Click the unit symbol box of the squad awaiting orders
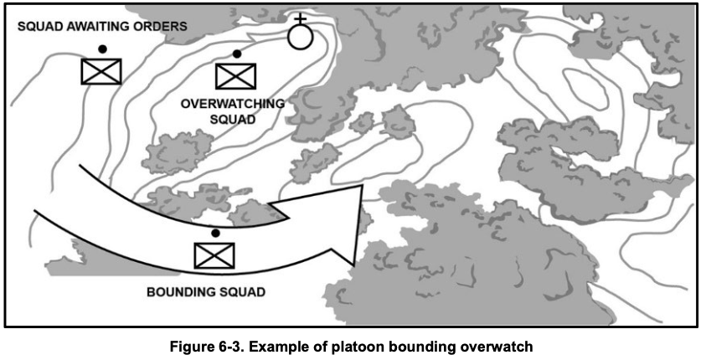pos(100,71)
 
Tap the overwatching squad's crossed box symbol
pos(235,75)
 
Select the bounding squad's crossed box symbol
pos(214,255)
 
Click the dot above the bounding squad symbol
pos(215,232)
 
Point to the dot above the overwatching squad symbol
pos(237,54)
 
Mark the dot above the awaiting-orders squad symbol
pos(101,49)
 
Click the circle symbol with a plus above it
pos(300,36)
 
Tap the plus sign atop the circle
pos(300,18)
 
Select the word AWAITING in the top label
pos(100,27)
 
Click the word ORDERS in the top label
pos(162,27)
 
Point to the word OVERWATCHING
pos(233,103)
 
